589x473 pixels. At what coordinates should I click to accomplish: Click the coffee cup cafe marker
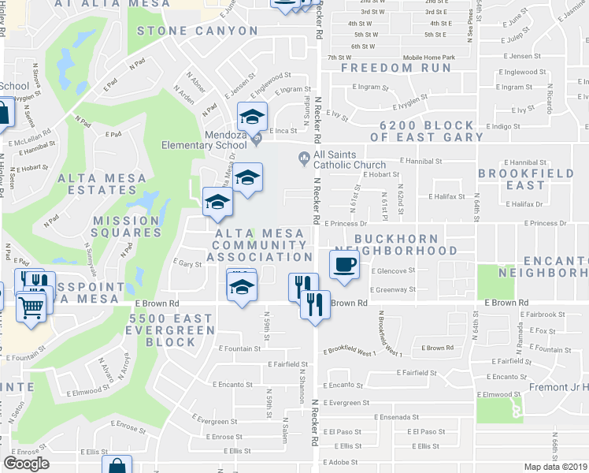click(344, 264)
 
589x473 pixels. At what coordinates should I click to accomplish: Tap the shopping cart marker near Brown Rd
click(31, 305)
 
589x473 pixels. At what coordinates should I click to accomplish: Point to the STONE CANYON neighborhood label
click(198, 31)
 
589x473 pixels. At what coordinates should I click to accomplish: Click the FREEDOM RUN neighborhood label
click(396, 68)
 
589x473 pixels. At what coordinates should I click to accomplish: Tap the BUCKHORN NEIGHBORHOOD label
click(406, 244)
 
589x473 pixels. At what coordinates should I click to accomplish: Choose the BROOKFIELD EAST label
click(514, 178)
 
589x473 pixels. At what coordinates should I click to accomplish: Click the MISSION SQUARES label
click(127, 226)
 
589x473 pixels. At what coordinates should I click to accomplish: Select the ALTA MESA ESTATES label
click(102, 184)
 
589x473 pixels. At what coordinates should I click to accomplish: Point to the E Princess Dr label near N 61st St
click(346, 224)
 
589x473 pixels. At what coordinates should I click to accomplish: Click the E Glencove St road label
click(393, 270)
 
